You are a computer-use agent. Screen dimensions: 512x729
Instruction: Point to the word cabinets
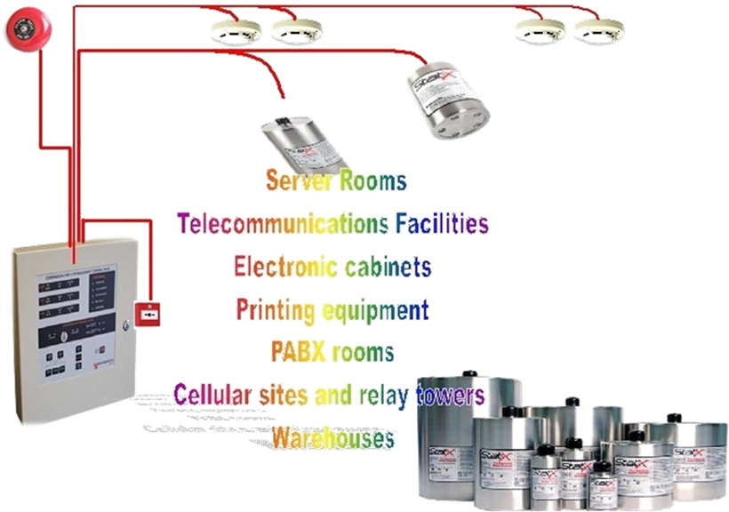(390, 266)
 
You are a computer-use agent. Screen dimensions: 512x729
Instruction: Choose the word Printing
(276, 309)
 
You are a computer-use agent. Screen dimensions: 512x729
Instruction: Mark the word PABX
(298, 352)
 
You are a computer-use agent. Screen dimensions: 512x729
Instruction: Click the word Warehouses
(332, 437)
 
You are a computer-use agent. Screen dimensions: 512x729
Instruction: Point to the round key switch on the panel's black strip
(54, 337)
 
